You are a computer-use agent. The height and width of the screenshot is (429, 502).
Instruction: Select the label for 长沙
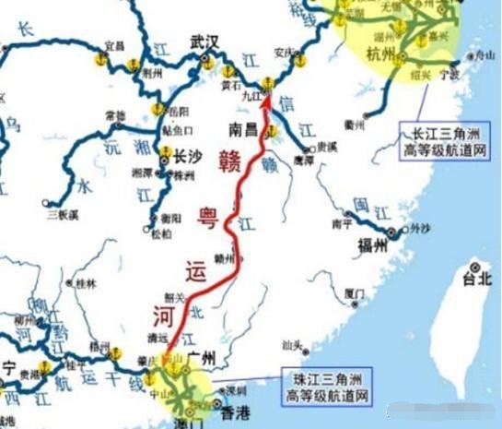pyautogui.click(x=189, y=157)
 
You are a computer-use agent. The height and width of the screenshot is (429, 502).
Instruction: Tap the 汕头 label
pyautogui.click(x=293, y=345)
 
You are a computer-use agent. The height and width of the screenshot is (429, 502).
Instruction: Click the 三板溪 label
pyautogui.click(x=60, y=215)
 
